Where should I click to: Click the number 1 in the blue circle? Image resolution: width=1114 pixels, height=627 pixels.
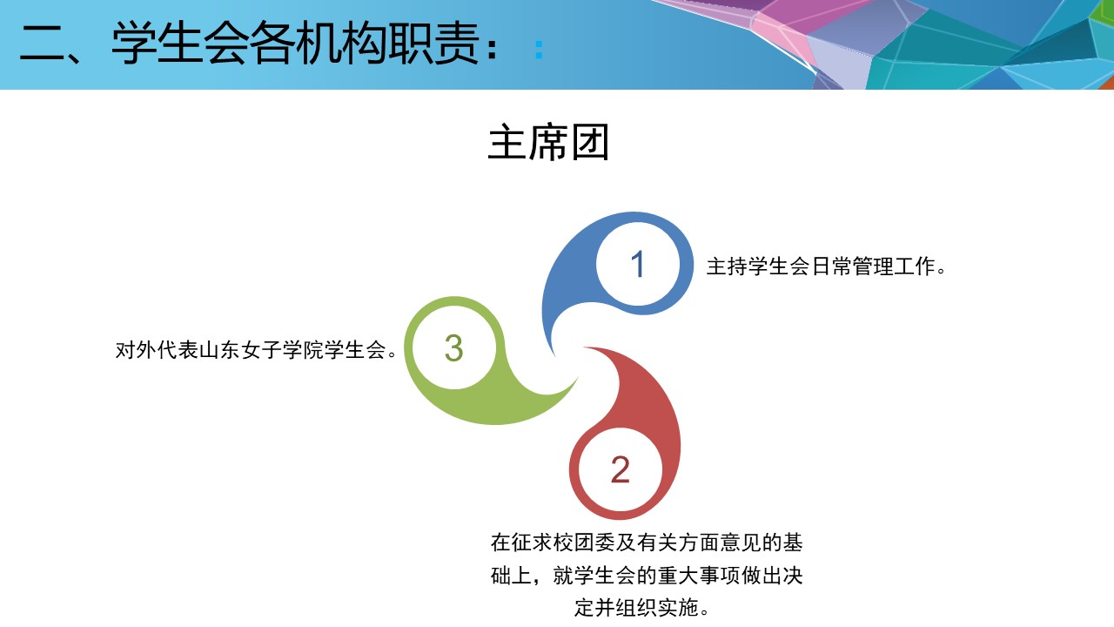click(x=638, y=264)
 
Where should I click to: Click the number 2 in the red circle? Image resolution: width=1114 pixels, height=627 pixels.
click(x=621, y=469)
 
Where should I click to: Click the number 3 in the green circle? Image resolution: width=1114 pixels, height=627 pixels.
click(x=453, y=347)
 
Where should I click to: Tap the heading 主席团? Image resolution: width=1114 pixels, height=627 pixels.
click(x=548, y=143)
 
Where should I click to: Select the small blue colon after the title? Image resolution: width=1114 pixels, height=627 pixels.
click(x=539, y=50)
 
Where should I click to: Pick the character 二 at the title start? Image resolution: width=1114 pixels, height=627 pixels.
click(x=42, y=44)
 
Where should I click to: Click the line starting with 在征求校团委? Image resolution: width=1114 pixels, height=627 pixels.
click(x=647, y=543)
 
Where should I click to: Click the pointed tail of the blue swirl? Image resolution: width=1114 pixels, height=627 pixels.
click(x=554, y=355)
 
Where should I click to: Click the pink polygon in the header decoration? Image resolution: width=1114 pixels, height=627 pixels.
click(x=782, y=30)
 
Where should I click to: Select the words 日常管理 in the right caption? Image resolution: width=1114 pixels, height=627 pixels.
click(x=852, y=266)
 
